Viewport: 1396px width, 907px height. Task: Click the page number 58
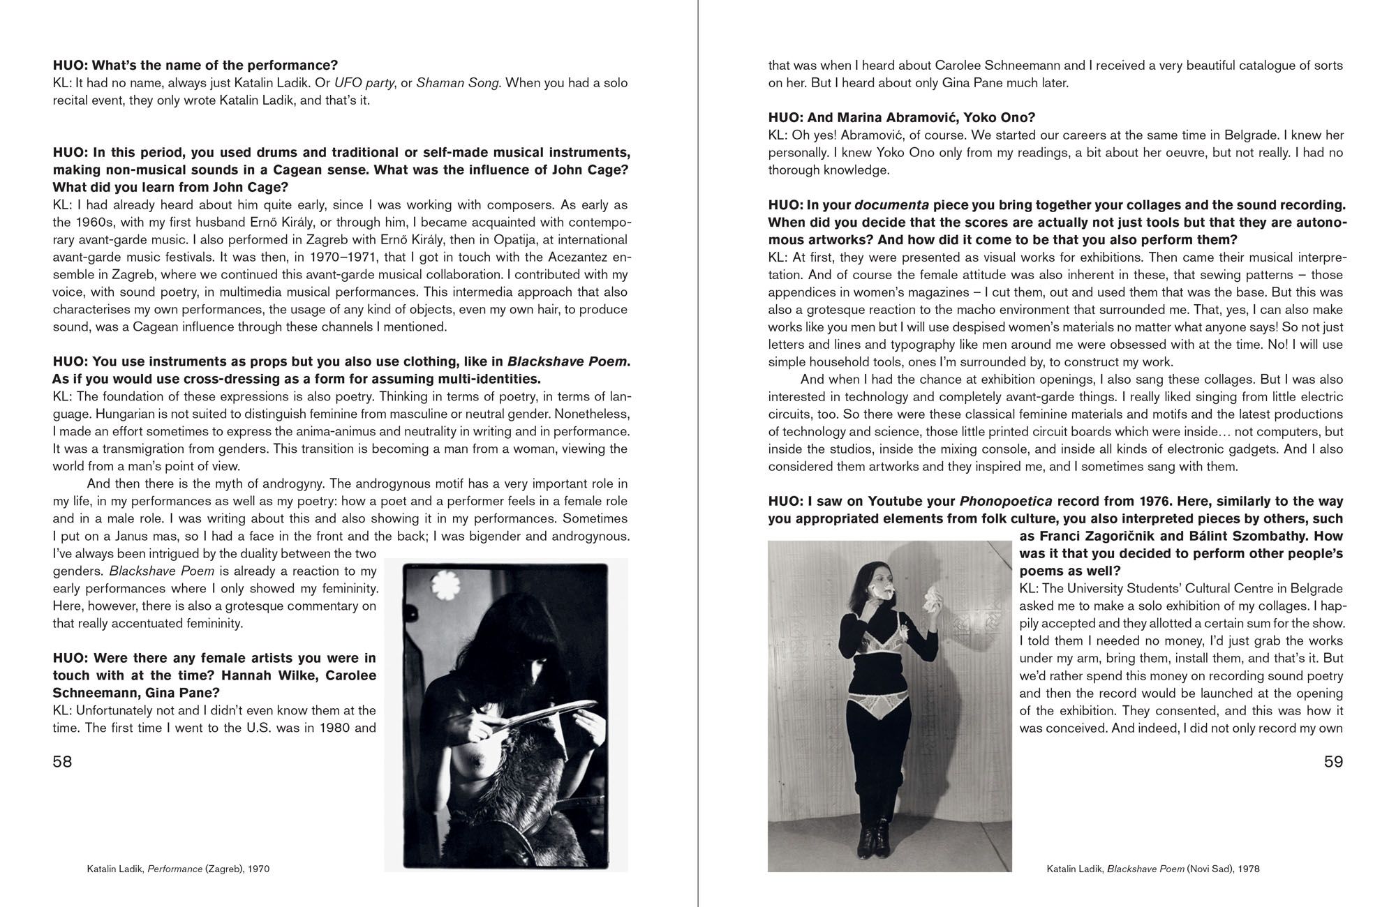[62, 761]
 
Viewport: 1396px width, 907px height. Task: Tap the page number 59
[1333, 761]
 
